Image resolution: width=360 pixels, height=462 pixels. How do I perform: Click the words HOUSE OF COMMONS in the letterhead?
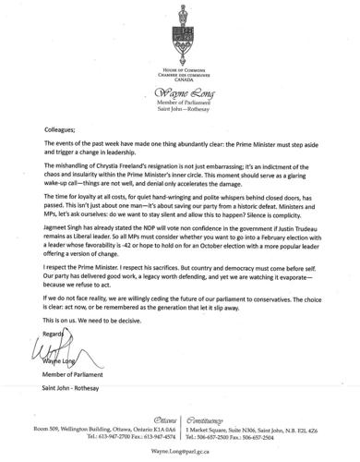[180, 69]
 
